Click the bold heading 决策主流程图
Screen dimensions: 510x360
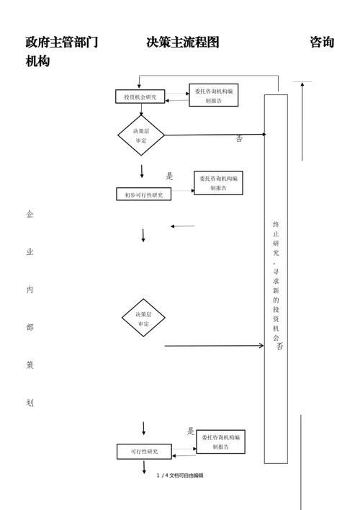(x=183, y=42)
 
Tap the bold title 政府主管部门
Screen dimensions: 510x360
(x=62, y=42)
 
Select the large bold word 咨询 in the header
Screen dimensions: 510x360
(x=322, y=42)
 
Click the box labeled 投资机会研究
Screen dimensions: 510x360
(x=140, y=97)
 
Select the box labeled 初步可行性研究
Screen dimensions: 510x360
(x=143, y=194)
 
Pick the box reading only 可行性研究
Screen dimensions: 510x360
(x=143, y=452)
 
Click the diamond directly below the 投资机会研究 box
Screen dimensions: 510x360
(x=141, y=135)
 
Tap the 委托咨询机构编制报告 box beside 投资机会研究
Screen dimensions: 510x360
(x=214, y=97)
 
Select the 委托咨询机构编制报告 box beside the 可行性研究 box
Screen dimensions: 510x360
(x=221, y=442)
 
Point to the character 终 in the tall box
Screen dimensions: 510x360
(x=276, y=224)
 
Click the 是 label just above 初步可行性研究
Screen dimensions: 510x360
(x=170, y=176)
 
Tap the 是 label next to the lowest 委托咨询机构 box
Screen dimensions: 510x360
(x=191, y=431)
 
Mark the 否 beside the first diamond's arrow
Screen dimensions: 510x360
(x=239, y=139)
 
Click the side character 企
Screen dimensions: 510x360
(x=30, y=214)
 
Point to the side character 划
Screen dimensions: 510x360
(x=30, y=403)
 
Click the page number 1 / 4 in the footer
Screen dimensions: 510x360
(x=162, y=475)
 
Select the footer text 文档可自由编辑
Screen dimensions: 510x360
(x=186, y=475)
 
